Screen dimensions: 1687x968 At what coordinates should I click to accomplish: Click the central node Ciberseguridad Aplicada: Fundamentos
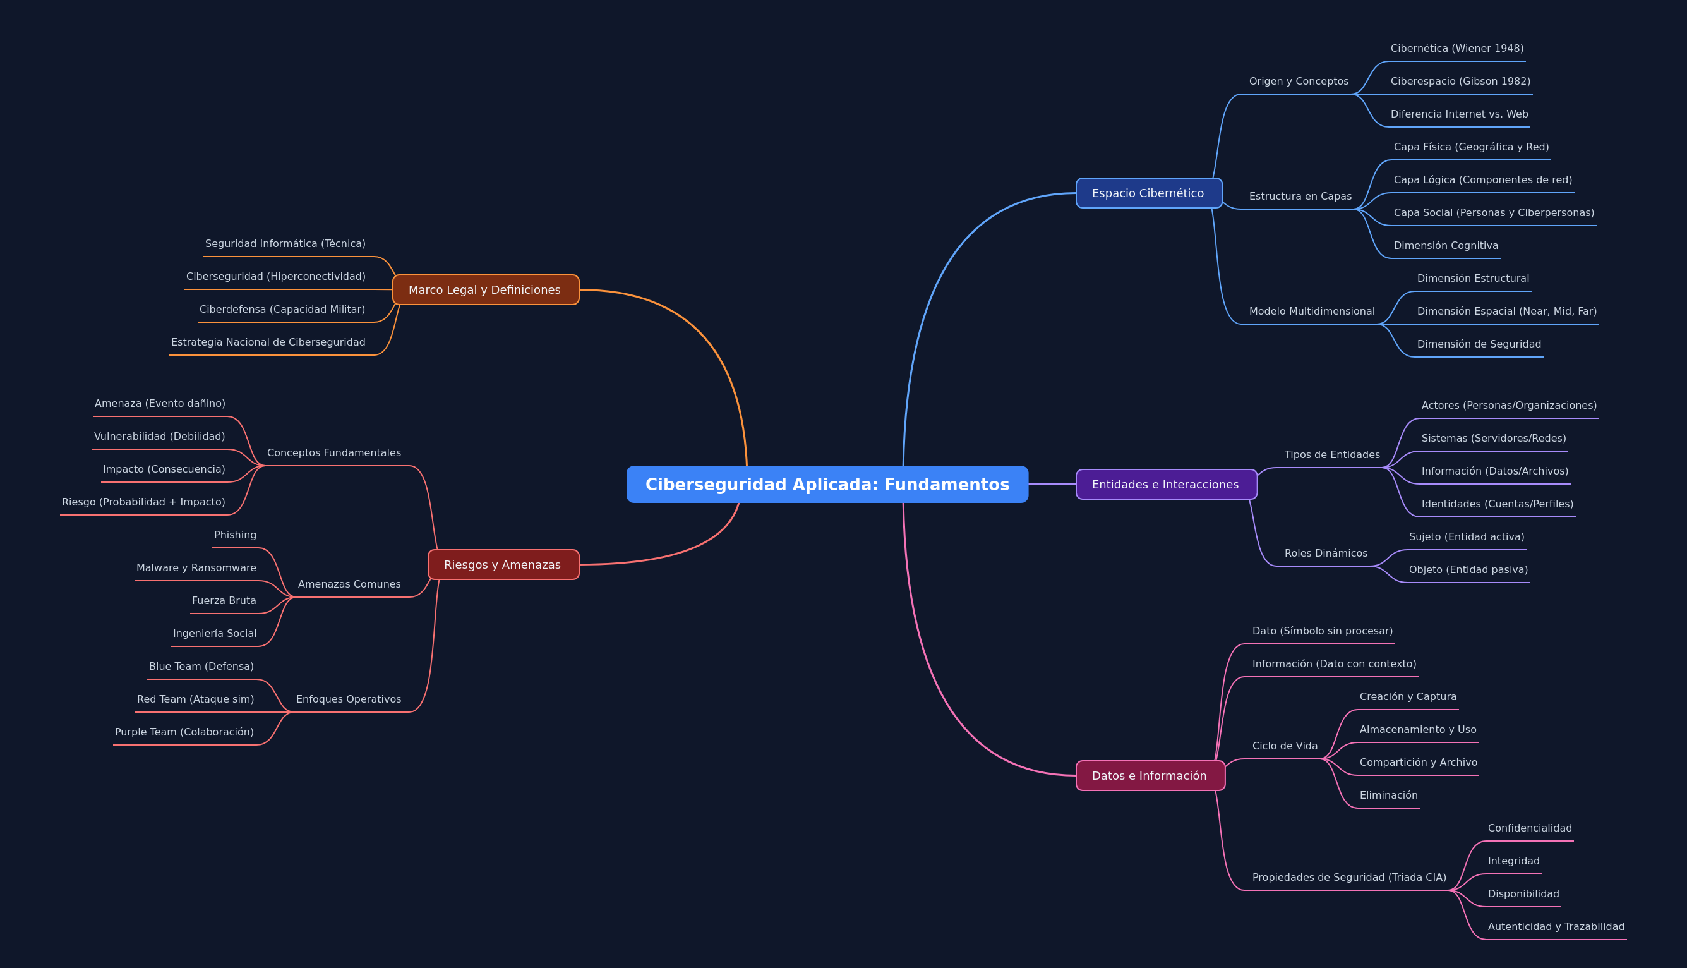pos(827,484)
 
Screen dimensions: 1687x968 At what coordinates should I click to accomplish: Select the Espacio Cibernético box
pos(1149,193)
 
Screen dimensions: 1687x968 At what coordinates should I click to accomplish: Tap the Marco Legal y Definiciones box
pos(486,290)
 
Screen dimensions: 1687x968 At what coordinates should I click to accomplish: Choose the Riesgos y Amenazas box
pos(503,564)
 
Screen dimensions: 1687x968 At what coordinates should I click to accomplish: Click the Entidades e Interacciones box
pos(1166,484)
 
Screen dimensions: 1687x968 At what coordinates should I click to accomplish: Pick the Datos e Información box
pos(1150,775)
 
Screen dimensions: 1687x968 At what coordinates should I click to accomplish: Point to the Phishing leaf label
pos(235,535)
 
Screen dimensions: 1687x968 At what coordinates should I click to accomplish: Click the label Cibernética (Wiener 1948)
pos(1457,48)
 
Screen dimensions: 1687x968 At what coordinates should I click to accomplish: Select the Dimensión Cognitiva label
pos(1446,245)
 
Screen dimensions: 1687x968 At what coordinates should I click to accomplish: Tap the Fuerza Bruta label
pos(224,600)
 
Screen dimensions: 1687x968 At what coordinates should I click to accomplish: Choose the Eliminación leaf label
pos(1389,795)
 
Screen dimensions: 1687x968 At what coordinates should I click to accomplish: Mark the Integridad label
pos(1513,861)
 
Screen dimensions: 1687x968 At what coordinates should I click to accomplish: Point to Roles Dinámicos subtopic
pos(1326,553)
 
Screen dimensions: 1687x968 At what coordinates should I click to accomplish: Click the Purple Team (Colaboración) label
pos(184,732)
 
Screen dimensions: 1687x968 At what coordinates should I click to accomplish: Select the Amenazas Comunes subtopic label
pos(349,584)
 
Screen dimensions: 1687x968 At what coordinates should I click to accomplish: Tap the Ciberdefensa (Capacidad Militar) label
pos(282,309)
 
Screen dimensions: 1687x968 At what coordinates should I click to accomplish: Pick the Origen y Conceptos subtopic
pos(1299,81)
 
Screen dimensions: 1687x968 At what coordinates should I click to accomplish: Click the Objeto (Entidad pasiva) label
pos(1468,570)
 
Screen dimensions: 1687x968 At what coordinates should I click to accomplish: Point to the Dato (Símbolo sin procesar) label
pos(1322,631)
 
